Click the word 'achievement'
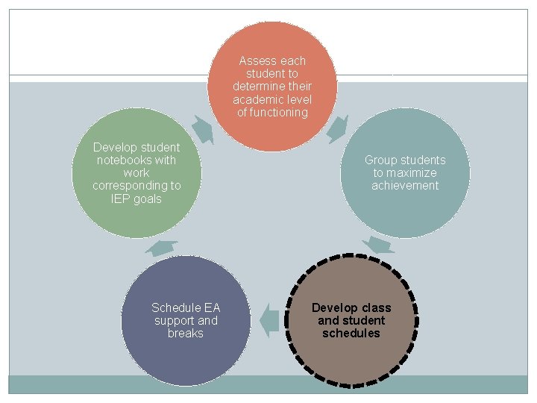[405, 186]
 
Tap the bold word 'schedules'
[351, 334]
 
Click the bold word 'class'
[376, 308]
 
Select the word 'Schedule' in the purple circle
[176, 308]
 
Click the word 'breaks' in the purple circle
[186, 334]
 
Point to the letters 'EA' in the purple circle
[212, 308]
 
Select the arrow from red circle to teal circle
[338, 128]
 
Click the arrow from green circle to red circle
[202, 128]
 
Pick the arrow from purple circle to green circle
[161, 248]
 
